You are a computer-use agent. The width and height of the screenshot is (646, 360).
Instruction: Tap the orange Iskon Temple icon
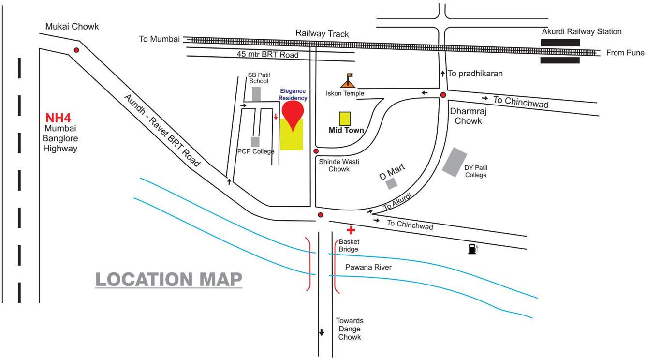pos(348,81)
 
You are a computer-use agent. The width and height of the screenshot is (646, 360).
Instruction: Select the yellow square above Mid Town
pos(345,119)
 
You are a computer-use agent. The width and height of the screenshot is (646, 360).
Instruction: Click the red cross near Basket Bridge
pos(351,230)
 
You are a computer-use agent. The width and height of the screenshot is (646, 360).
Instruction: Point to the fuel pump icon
pos(472,249)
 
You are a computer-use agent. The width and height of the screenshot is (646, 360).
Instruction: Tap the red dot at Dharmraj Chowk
pos(443,95)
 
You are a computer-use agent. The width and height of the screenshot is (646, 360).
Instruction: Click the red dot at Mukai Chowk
pos(76,50)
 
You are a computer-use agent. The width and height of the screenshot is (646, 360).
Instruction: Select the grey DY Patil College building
pos(455,162)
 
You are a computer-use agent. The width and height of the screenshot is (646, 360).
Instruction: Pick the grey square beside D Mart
pos(391,183)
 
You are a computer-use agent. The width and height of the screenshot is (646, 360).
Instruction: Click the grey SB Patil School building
pos(256,93)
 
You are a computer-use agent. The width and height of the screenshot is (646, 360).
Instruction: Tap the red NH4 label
pos(59,118)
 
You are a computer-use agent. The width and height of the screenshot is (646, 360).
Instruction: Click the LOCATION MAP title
pos(168,280)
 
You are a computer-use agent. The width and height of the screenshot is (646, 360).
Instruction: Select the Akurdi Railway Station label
pos(582,31)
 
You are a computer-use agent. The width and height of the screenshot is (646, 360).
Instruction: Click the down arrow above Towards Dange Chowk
pos(321,332)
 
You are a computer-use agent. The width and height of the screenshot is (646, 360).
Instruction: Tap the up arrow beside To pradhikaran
pos(442,74)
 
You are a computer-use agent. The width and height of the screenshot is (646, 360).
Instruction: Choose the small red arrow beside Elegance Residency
pos(276,116)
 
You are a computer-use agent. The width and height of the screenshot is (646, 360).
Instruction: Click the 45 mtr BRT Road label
pos(267,55)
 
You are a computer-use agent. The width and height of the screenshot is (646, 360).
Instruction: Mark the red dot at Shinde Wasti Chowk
pos(316,151)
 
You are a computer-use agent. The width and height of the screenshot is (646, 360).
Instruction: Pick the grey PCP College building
pos(255,141)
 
